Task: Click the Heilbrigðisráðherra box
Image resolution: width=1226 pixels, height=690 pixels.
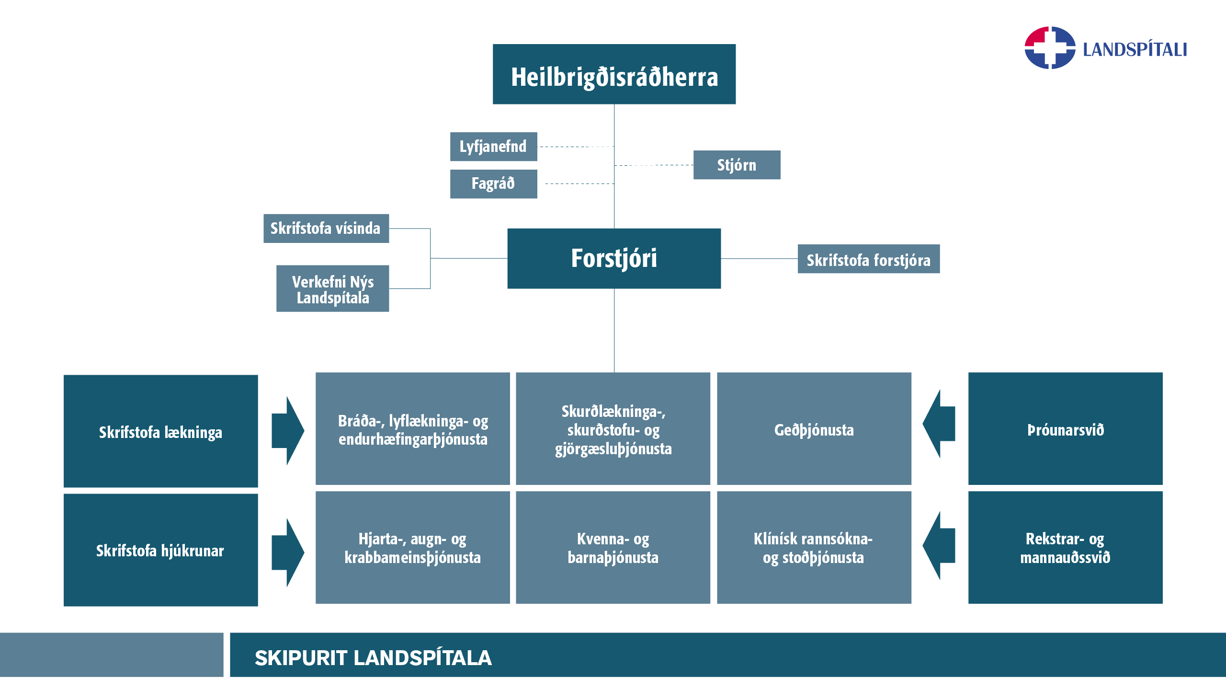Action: click(x=614, y=74)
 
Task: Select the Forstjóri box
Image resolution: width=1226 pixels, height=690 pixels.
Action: click(x=614, y=258)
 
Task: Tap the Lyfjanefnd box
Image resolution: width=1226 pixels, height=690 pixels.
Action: click(x=493, y=147)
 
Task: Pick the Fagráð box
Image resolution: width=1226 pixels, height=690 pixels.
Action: click(x=493, y=184)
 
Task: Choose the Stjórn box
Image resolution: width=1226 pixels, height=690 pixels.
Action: click(x=737, y=165)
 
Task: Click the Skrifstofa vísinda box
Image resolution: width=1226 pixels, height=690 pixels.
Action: click(x=326, y=229)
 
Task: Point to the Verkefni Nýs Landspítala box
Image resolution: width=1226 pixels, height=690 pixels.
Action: click(x=332, y=288)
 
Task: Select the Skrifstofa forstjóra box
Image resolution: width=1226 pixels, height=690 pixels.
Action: click(x=868, y=259)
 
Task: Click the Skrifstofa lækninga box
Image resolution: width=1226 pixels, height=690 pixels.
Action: click(x=160, y=431)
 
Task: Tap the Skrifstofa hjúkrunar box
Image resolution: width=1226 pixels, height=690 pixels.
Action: click(x=160, y=550)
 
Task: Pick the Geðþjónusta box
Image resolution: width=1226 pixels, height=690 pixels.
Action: click(x=814, y=429)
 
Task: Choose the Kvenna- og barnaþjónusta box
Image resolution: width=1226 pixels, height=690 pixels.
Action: click(x=613, y=547)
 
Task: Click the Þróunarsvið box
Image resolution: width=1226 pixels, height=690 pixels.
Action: click(x=1065, y=429)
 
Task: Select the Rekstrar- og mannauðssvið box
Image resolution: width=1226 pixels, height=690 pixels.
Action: click(x=1065, y=547)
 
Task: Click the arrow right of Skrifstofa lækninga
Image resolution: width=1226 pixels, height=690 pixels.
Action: click(x=287, y=430)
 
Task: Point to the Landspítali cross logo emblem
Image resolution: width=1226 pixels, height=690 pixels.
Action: click(x=1050, y=48)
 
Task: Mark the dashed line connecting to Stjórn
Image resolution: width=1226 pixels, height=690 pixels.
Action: click(x=654, y=165)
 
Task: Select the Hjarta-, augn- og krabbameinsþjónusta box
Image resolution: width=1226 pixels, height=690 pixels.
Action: click(x=412, y=547)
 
